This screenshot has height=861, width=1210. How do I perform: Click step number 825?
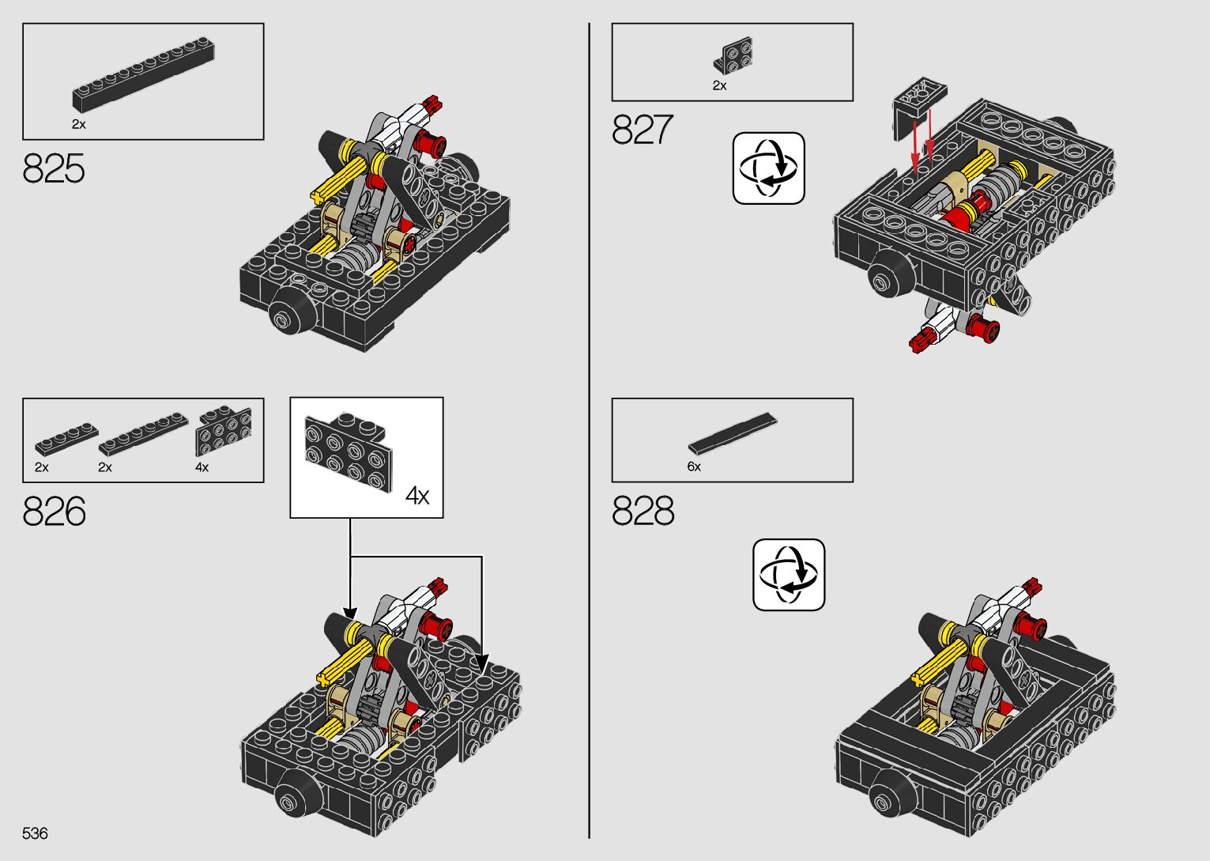point(54,168)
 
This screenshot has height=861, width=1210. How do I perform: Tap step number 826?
point(54,511)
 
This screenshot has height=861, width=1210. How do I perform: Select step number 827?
point(643,129)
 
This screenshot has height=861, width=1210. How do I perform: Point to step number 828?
point(643,511)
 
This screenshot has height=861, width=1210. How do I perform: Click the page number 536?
point(35,833)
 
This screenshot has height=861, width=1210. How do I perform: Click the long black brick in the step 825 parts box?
point(144,74)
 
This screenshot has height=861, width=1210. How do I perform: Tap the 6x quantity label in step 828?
point(694,466)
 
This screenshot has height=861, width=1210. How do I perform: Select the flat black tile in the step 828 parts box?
point(733,433)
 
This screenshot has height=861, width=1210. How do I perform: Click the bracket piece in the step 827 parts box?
point(733,55)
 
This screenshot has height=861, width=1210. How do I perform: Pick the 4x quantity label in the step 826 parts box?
point(202,467)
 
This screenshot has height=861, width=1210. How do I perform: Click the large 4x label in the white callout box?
point(417,496)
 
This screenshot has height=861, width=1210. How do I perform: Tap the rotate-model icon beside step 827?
point(768,168)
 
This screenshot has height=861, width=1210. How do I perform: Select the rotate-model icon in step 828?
point(789,575)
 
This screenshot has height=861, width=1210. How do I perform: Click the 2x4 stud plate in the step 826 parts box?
point(224,432)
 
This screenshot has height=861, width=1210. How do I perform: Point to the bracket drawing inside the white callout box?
point(348,452)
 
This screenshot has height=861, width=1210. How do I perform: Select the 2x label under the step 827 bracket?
point(719,85)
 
